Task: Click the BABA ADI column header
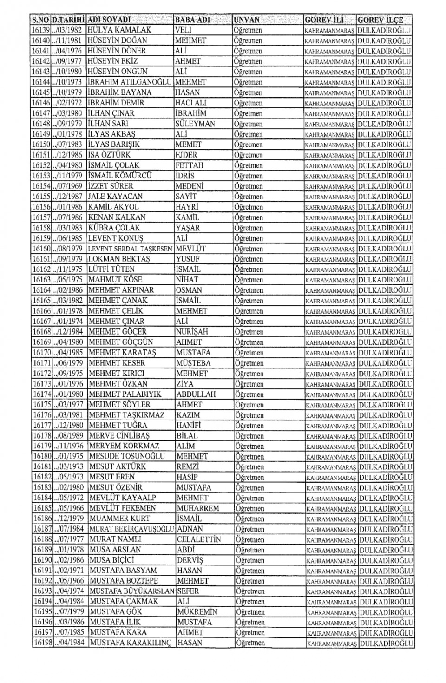[x=192, y=20]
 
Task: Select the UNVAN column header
[x=247, y=20]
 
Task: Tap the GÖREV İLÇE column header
[x=380, y=20]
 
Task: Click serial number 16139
[x=40, y=30]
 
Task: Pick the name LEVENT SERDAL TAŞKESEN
[x=130, y=249]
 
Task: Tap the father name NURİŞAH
[x=192, y=332]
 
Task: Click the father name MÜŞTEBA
[x=193, y=363]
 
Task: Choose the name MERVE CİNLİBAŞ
[x=119, y=436]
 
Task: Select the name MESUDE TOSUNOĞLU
[x=127, y=456]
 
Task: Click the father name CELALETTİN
[x=199, y=539]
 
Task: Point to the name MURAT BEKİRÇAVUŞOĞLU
[x=131, y=529]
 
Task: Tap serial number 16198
[x=43, y=643]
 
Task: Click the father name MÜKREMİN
[x=197, y=612]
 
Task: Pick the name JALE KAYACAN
[x=115, y=197]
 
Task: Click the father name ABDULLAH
[x=196, y=394]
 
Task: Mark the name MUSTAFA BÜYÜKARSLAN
[x=132, y=591]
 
